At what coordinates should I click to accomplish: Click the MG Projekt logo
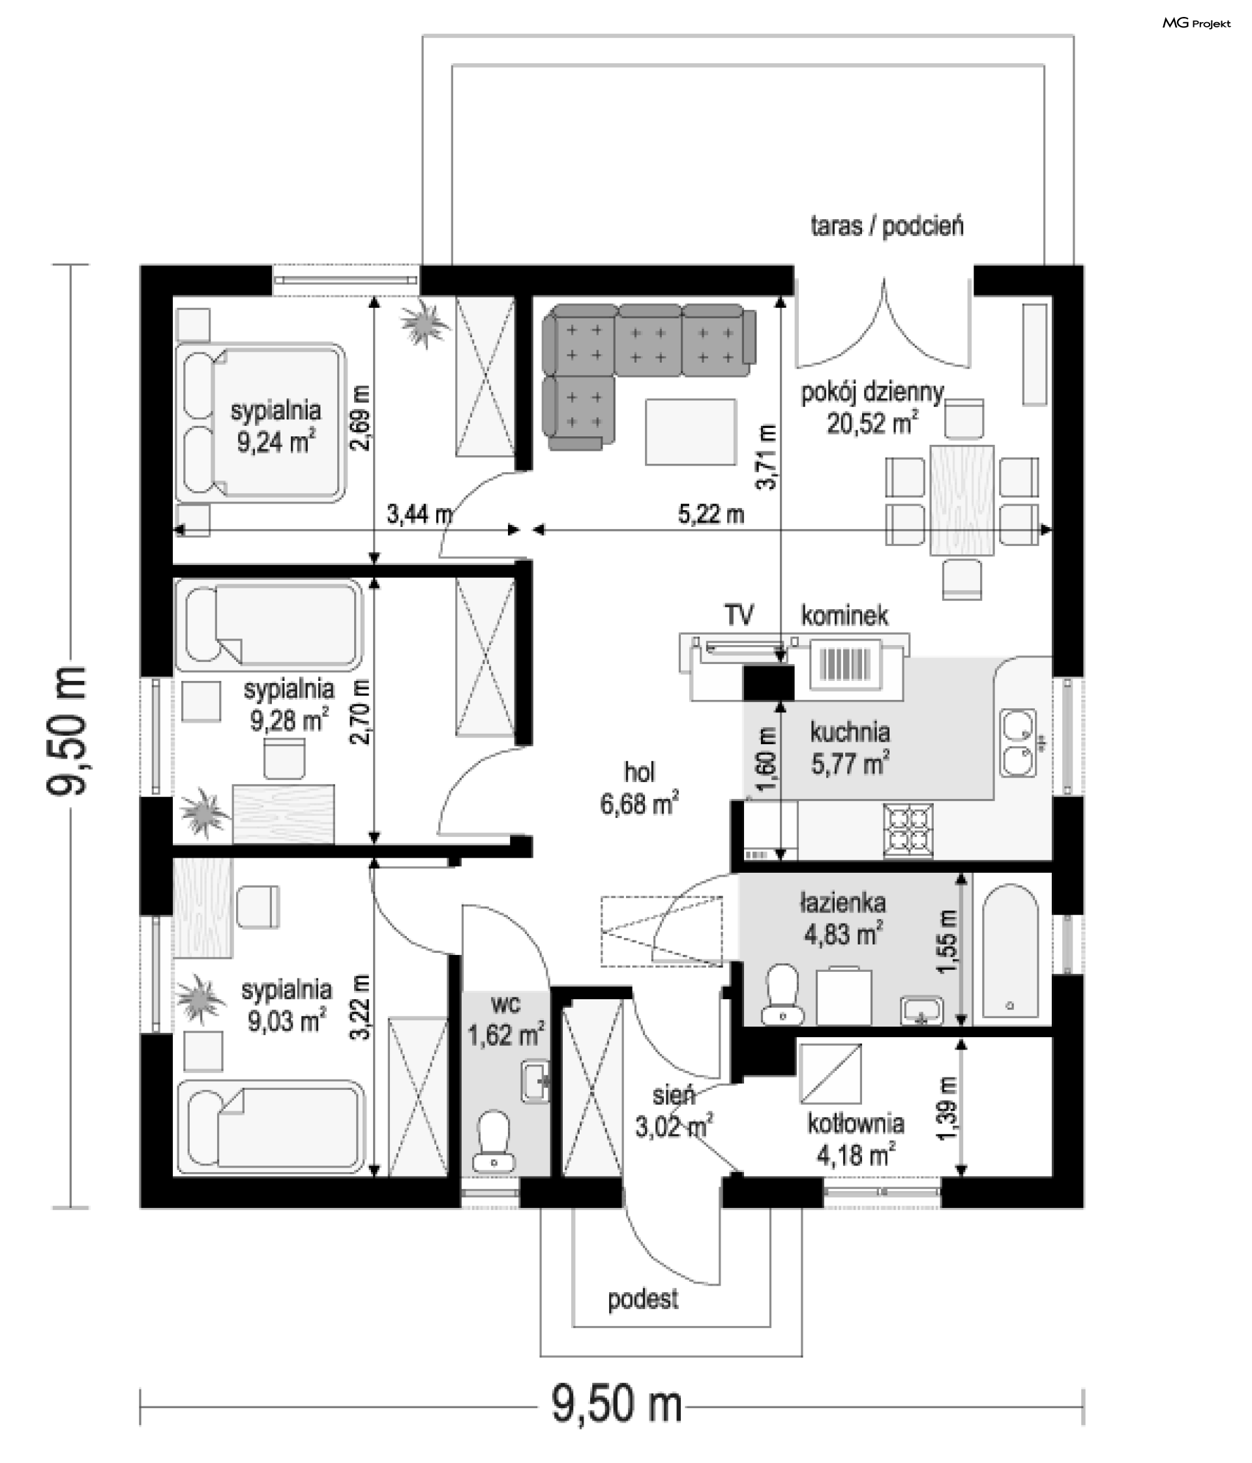(x=1196, y=23)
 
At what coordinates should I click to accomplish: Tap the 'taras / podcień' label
(x=887, y=226)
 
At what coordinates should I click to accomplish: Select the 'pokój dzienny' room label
(x=872, y=393)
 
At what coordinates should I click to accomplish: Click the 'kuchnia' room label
(x=850, y=732)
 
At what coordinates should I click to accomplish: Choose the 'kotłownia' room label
(x=856, y=1123)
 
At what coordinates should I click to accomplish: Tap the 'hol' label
(x=640, y=772)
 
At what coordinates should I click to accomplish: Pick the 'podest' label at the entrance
(x=643, y=1299)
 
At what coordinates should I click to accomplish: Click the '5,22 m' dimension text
(x=711, y=514)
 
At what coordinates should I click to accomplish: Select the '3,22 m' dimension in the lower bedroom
(x=360, y=1008)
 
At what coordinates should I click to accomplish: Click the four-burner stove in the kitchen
(x=908, y=831)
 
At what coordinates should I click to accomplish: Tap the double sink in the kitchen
(x=1017, y=743)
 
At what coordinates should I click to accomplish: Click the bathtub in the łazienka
(x=1010, y=950)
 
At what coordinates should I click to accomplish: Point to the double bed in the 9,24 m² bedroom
(x=260, y=423)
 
